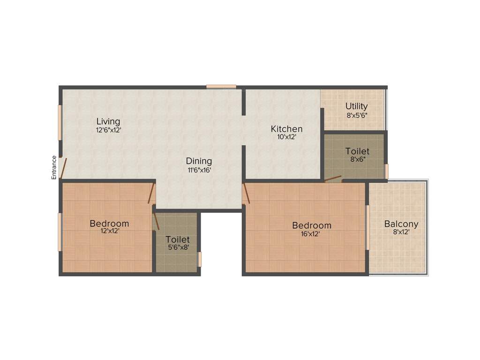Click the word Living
click(108, 121)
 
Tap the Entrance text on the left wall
click(54, 167)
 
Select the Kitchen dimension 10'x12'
click(286, 137)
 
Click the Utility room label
click(356, 106)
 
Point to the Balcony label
click(401, 224)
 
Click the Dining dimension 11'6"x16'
click(200, 170)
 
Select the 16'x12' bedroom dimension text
click(310, 234)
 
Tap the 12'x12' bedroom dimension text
click(109, 231)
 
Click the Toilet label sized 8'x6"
click(357, 151)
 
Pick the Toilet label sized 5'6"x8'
click(177, 240)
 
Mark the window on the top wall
click(221, 86)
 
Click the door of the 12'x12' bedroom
click(151, 193)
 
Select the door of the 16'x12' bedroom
click(246, 194)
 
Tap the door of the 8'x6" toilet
click(333, 178)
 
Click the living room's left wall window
click(60, 122)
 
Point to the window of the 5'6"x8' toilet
click(200, 259)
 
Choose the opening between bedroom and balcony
click(367, 227)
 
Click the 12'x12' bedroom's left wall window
click(60, 232)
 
